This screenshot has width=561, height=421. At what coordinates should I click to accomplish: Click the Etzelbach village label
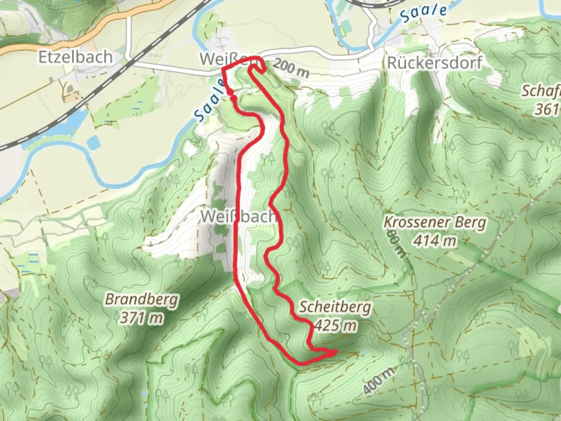(x=75, y=57)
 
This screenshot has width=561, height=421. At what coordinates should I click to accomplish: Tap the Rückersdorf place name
(x=434, y=63)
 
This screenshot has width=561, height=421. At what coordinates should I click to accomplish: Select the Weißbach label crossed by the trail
(x=238, y=216)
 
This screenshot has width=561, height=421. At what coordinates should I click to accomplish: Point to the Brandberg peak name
(x=142, y=300)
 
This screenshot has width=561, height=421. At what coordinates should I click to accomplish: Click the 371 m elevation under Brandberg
(x=141, y=318)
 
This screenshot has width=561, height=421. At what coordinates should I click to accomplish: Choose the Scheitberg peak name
(x=335, y=307)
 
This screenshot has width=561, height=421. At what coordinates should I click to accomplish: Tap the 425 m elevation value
(x=335, y=325)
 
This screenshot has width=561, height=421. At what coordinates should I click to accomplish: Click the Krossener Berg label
(x=435, y=223)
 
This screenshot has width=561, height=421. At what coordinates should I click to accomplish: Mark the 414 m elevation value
(x=435, y=241)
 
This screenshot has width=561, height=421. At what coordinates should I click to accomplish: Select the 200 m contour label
(x=291, y=68)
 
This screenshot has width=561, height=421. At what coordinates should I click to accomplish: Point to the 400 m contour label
(x=378, y=380)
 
